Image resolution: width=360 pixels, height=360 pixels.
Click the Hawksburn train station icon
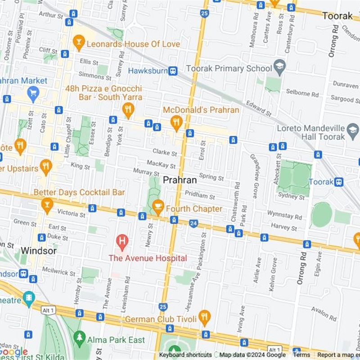coord(173,71)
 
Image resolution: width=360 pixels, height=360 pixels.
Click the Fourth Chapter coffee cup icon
coord(157,207)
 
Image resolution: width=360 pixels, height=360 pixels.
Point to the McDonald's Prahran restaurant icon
coord(176,121)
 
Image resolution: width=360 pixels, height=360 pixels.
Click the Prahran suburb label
coord(180,180)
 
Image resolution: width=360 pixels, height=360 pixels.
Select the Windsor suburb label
coord(39,251)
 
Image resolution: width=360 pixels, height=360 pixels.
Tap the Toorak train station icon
coord(339,182)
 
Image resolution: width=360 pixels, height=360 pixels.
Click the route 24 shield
coord(193,223)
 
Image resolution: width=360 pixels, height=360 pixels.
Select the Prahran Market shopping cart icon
coord(33,93)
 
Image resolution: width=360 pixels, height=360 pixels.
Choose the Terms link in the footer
coord(301,355)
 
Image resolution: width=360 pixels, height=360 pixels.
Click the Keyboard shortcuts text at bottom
coord(185,355)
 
